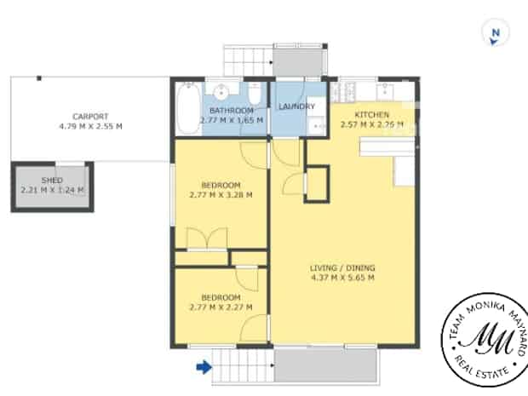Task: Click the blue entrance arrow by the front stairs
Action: [204, 367]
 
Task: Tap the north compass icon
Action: [496, 32]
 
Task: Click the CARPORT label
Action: [90, 117]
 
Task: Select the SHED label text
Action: [52, 181]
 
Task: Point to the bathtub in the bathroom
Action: [188, 109]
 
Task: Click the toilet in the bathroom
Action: [255, 94]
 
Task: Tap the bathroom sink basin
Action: [221, 91]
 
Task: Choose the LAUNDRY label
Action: [296, 106]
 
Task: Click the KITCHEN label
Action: [372, 114]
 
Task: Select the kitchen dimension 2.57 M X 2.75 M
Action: [372, 124]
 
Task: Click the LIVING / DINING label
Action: [342, 268]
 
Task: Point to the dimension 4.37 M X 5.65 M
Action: [342, 278]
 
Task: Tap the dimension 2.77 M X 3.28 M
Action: [221, 195]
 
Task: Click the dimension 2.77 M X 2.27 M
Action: [221, 307]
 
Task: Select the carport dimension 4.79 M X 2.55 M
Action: [90, 126]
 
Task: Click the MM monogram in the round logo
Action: [485, 338]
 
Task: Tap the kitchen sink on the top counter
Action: [385, 90]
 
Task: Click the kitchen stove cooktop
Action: [345, 92]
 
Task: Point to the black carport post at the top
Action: [39, 78]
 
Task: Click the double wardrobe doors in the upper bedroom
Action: [207, 238]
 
